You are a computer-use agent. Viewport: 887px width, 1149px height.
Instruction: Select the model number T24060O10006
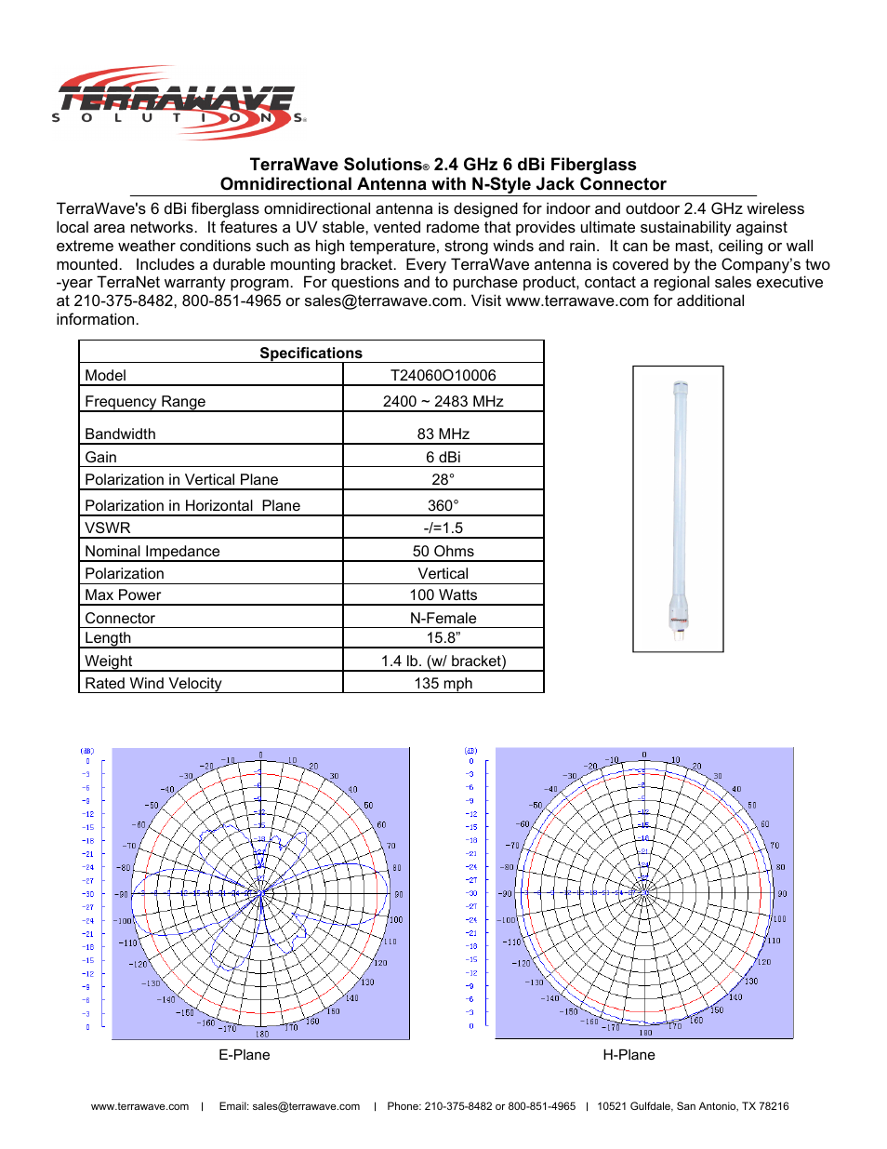443,375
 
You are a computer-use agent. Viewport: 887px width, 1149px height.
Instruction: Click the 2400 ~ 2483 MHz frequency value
443,401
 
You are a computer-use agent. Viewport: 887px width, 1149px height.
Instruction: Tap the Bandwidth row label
120,434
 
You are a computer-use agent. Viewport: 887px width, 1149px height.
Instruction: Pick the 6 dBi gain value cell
443,457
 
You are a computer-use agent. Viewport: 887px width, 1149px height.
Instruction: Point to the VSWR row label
108,528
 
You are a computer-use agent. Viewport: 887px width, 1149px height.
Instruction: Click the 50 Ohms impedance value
443,551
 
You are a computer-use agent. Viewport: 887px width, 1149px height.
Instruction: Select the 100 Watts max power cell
443,595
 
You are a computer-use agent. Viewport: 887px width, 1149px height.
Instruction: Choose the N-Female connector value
443,618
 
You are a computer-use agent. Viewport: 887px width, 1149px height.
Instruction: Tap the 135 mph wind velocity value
443,683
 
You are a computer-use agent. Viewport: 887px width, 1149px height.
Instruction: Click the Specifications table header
311,353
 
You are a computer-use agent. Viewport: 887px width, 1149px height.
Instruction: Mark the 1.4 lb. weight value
443,661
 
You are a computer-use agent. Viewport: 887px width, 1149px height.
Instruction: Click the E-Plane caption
244,1054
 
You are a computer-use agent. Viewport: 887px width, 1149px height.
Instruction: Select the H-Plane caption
629,1054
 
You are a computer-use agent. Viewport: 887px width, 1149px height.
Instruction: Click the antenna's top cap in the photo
681,386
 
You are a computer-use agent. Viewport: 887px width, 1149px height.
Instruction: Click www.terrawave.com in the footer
139,1106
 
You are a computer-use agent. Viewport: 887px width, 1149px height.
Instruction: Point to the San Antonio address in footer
693,1106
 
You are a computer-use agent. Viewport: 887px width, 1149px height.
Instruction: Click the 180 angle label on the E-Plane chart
262,1034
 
